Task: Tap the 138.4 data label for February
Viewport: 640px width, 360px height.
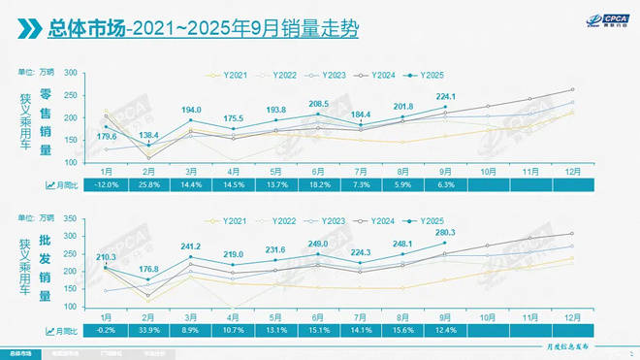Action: [x=148, y=135]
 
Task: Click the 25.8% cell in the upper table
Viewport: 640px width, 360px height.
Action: [x=148, y=183]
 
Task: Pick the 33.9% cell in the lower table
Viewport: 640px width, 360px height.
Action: [x=148, y=329]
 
